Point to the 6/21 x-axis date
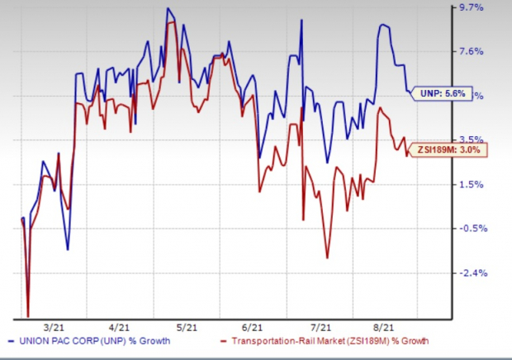pyautogui.click(x=254, y=327)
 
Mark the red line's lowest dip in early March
pyautogui.click(x=28, y=315)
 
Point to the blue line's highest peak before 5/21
pyautogui.click(x=168, y=9)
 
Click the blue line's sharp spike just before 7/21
pyautogui.click(x=302, y=21)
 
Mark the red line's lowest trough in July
pyautogui.click(x=328, y=258)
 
